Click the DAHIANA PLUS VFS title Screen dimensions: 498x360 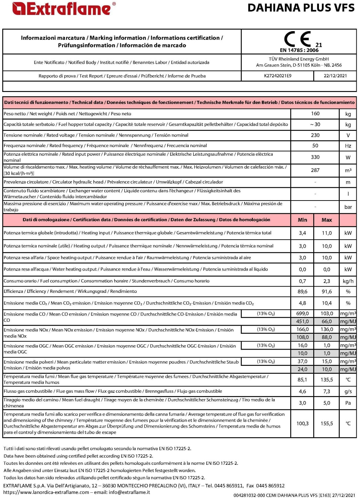(301, 8)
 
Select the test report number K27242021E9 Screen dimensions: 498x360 (278, 76)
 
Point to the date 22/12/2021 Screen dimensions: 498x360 (335, 76)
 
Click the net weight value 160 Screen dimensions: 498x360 (315, 114)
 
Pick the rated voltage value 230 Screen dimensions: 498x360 (315, 135)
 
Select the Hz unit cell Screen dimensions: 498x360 (348, 146)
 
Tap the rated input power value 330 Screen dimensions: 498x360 (315, 157)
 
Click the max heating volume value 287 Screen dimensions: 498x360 (315, 170)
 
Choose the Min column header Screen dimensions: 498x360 (303, 220)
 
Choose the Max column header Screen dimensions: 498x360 (327, 220)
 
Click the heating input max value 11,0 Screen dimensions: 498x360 (327, 233)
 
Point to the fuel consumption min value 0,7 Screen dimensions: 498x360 (303, 281)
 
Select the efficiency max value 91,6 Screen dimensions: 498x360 (327, 291)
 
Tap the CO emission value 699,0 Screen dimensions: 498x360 (303, 313)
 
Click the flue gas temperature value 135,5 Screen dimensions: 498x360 (327, 379)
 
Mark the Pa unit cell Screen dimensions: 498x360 (348, 403)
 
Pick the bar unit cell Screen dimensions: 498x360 (348, 207)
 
